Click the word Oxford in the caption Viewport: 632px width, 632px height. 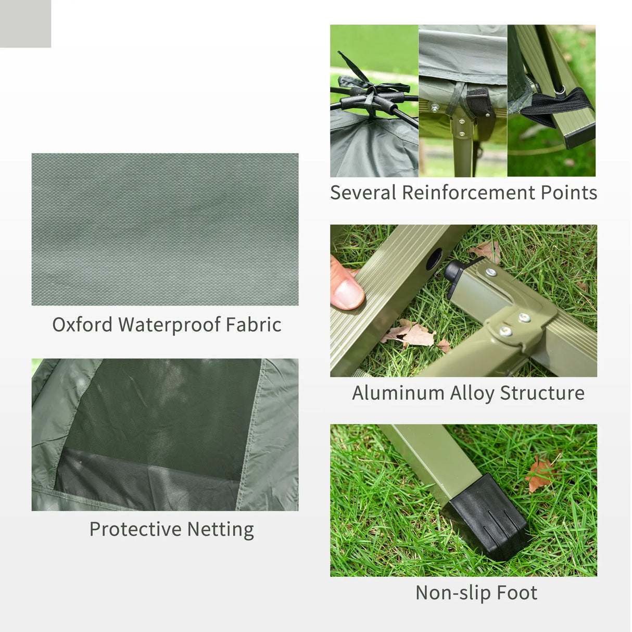(82, 325)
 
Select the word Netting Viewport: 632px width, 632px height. (220, 529)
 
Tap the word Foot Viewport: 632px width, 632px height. (516, 593)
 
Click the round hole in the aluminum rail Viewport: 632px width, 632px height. (434, 259)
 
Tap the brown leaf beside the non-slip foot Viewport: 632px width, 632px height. (539, 473)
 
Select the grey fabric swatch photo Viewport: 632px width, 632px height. (165, 229)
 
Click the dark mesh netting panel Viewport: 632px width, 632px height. (161, 416)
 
